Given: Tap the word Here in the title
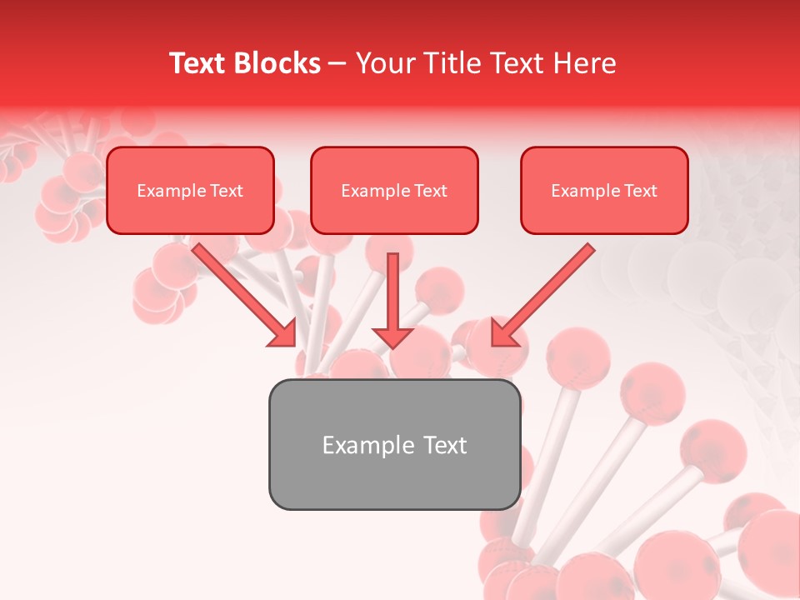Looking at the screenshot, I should (x=585, y=63).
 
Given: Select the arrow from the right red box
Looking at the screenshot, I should (x=546, y=292).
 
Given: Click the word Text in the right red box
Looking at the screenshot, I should (x=640, y=191).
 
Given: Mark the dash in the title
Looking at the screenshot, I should (x=337, y=64).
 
